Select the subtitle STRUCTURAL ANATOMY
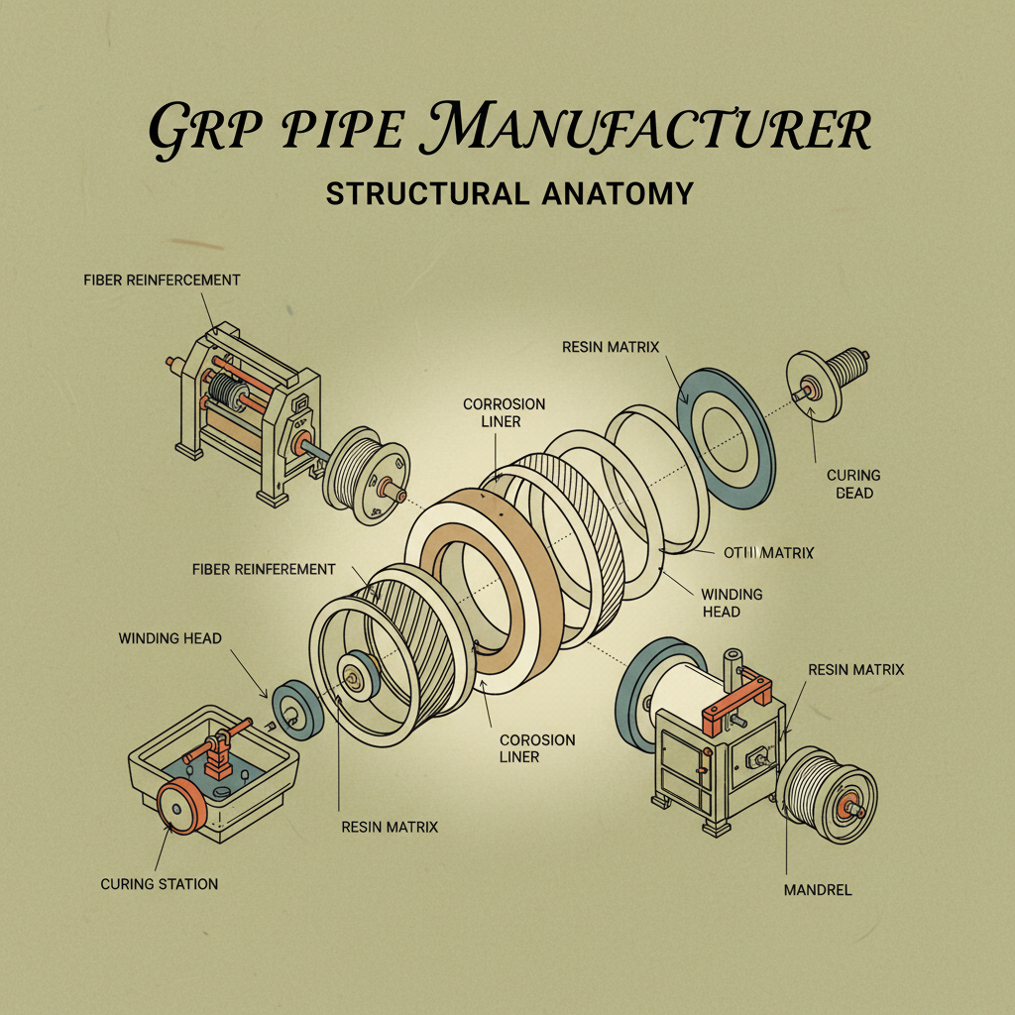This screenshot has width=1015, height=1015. [508, 192]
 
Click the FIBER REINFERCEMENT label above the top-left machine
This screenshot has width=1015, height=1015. [162, 280]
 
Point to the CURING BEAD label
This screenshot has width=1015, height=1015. [853, 484]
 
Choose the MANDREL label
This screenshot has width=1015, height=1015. [817, 889]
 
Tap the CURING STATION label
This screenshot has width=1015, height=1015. [159, 883]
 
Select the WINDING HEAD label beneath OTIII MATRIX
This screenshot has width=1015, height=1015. [732, 603]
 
